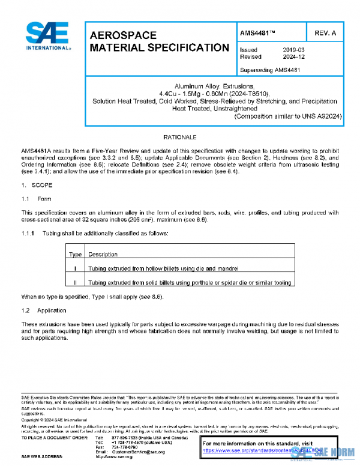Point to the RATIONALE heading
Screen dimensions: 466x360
coord(179,138)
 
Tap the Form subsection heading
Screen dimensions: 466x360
coord(44,199)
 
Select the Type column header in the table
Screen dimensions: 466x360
coord(76,254)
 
